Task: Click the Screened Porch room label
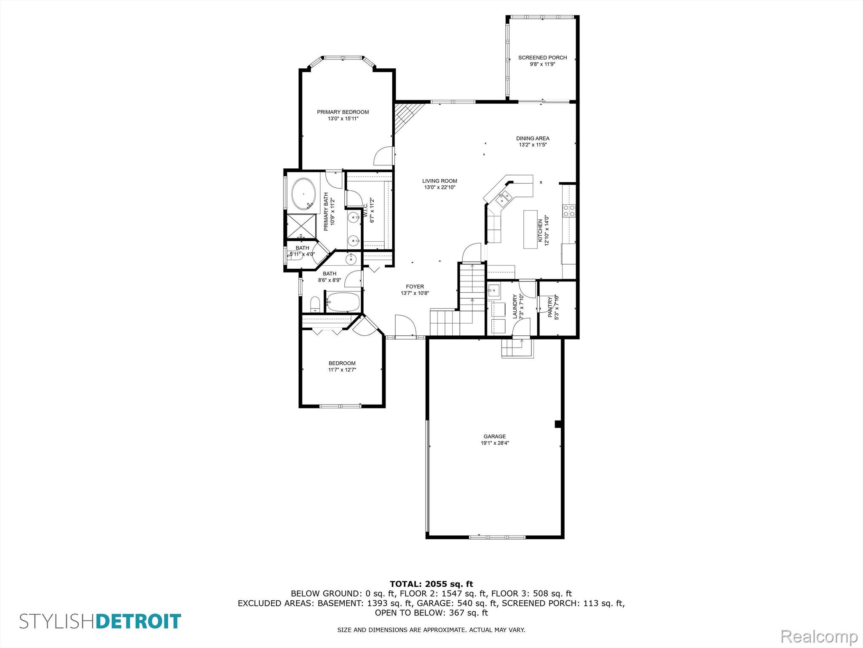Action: point(542,57)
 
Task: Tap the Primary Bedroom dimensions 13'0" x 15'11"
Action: point(343,119)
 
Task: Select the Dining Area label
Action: point(533,138)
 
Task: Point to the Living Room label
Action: point(440,181)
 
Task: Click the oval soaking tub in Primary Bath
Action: point(303,194)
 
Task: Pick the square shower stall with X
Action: point(301,227)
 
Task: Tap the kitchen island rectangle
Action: point(530,229)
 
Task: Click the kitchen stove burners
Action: point(569,211)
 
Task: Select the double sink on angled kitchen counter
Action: point(504,198)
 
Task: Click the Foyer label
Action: point(415,286)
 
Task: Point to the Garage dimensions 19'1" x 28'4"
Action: point(495,443)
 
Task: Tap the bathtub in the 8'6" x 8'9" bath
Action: point(343,302)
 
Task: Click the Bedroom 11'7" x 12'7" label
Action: point(342,363)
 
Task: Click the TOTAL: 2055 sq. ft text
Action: point(431,584)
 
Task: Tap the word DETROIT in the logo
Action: point(139,621)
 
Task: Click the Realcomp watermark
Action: point(819,636)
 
